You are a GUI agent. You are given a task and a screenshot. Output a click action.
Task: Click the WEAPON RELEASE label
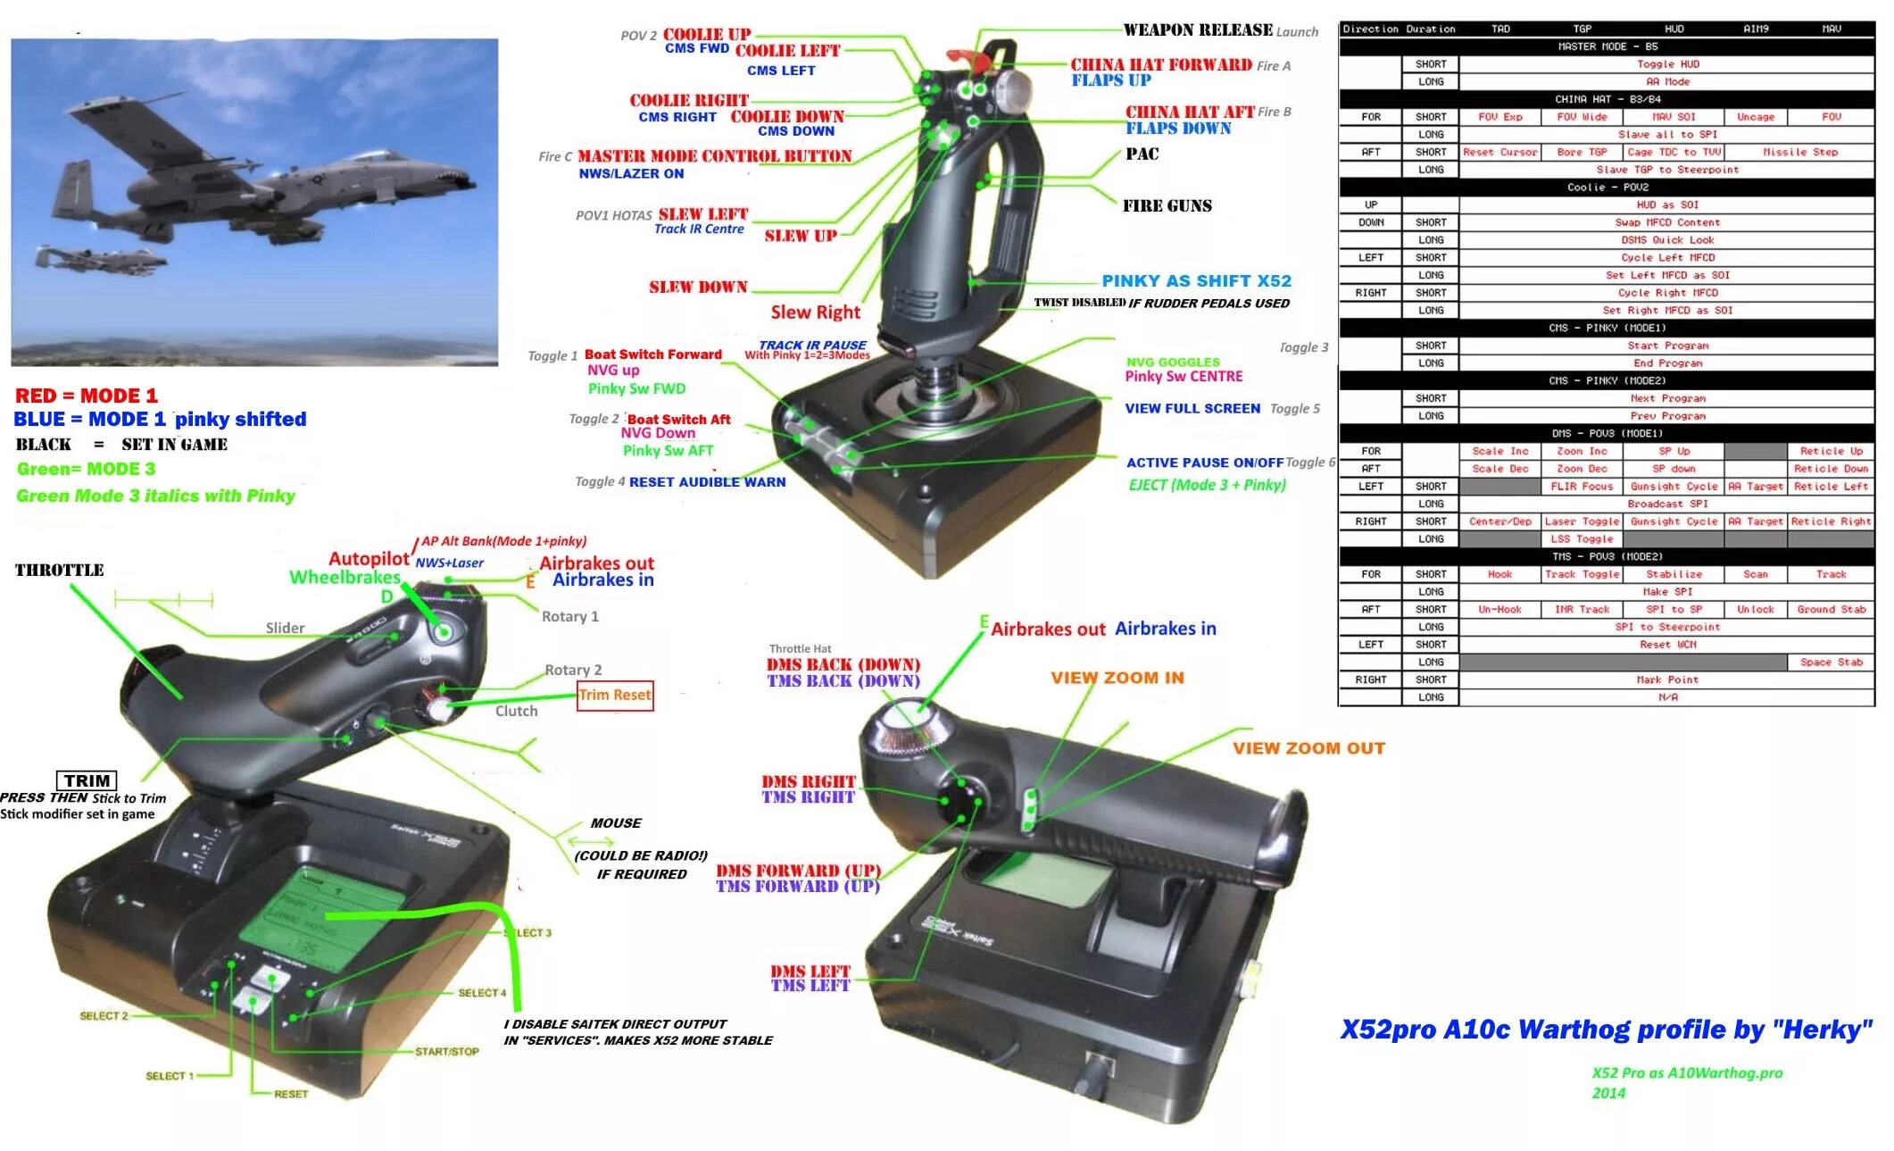[1197, 29]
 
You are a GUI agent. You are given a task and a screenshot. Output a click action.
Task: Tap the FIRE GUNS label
[1167, 206]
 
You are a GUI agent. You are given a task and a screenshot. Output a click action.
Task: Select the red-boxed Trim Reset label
[615, 695]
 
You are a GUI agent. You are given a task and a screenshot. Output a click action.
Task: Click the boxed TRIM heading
[87, 780]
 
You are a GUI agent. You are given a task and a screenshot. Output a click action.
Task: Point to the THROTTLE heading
[59, 570]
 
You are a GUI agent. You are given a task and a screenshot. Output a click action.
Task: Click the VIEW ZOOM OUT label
[1308, 748]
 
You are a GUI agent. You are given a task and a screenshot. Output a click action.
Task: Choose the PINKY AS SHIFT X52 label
[1196, 280]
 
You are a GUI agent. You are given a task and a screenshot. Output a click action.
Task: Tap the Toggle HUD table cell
[1667, 64]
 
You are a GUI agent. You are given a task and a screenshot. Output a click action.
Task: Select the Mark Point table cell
[1667, 680]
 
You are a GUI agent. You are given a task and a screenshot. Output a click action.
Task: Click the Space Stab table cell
[1831, 663]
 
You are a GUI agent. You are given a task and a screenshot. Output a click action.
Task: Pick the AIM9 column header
[1756, 29]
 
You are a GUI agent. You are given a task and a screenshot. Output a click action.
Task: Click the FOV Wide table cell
[1582, 117]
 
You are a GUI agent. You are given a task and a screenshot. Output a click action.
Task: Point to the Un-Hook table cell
[1499, 609]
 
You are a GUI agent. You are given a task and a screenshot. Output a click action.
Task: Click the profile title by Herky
[1606, 1030]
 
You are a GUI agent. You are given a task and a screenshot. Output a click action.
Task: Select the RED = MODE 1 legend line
[87, 396]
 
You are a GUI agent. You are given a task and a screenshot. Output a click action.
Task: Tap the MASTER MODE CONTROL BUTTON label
[714, 156]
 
